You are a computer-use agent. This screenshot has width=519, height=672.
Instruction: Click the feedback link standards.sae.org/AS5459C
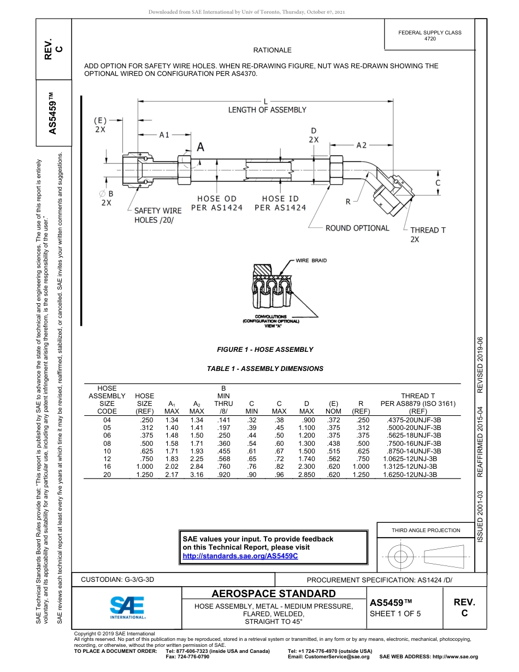click(x=240, y=556)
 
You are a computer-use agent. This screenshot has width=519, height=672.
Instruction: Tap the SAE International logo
click(x=127, y=607)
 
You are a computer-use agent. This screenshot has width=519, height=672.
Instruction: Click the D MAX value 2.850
click(x=306, y=475)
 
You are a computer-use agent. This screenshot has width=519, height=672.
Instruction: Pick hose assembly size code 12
click(x=107, y=459)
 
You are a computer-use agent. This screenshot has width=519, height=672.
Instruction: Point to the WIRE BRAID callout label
click(x=311, y=261)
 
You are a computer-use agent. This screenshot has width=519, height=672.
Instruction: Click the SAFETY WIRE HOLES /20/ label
click(x=157, y=215)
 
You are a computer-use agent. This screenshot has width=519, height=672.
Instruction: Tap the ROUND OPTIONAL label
click(x=357, y=228)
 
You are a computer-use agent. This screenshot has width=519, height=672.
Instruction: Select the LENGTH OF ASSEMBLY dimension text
click(x=267, y=110)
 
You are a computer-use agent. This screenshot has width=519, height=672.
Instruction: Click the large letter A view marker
click(x=200, y=147)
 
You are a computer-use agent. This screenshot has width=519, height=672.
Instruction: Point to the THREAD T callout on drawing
click(x=428, y=231)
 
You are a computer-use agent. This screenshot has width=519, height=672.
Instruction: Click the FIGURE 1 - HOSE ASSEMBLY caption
click(x=265, y=350)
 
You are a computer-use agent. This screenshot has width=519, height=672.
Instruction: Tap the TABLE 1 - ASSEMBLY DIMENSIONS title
click(x=265, y=369)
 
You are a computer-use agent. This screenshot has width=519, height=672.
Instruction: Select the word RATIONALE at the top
click(x=272, y=50)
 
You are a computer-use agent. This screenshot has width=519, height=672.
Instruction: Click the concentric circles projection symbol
click(x=401, y=556)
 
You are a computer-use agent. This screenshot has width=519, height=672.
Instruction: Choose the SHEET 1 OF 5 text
click(x=395, y=613)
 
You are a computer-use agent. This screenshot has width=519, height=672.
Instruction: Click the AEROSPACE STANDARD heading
click(x=273, y=594)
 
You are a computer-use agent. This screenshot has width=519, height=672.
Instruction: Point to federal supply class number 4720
click(x=429, y=39)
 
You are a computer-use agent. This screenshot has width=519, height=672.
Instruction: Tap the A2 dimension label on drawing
click(x=361, y=145)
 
